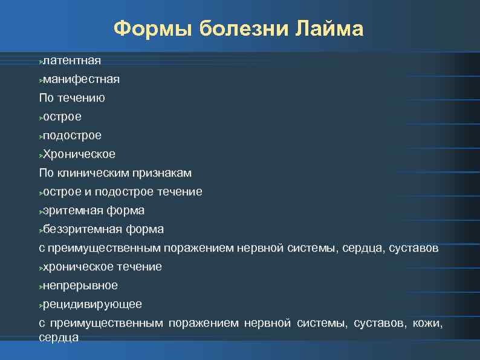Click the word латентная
tap(72, 61)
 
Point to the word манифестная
tap(81, 79)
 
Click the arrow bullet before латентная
tap(41, 61)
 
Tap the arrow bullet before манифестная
tap(41, 80)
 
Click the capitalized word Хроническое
tap(79, 154)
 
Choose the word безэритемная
tap(83, 229)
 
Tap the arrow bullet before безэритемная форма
tap(41, 230)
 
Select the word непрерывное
tap(80, 285)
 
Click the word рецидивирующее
tap(92, 304)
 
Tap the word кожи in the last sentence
tap(427, 323)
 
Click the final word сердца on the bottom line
tap(59, 337)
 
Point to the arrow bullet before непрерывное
tap(41, 286)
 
